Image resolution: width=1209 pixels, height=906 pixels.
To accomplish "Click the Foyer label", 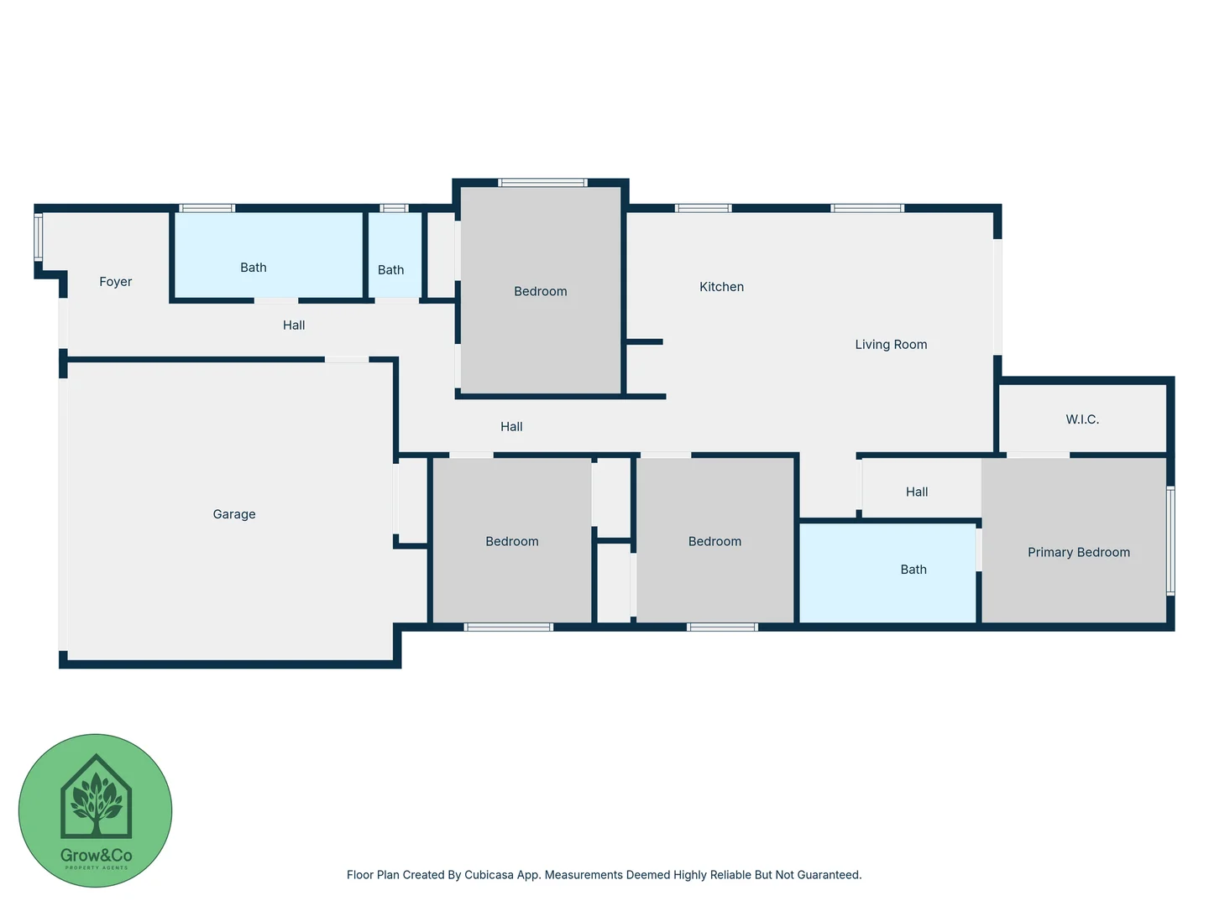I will pyautogui.click(x=116, y=282).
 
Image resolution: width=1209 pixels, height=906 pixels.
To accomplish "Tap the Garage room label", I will pyautogui.click(x=234, y=514).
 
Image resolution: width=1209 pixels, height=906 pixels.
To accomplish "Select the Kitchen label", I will pyautogui.click(x=721, y=287).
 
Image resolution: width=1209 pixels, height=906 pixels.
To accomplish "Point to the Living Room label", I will pyautogui.click(x=891, y=345).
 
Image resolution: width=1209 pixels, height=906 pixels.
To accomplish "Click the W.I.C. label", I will pyautogui.click(x=1082, y=419).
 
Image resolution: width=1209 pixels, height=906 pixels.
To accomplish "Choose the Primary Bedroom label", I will pyautogui.click(x=1078, y=552).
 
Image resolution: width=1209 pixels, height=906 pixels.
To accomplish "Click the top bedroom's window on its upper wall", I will pyautogui.click(x=542, y=182).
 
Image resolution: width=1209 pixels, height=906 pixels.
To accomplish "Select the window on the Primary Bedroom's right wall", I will pyautogui.click(x=1170, y=541).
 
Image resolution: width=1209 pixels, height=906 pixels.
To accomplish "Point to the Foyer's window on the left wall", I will pyautogui.click(x=38, y=237).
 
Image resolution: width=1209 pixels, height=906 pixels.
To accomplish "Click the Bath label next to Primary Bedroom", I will pyautogui.click(x=913, y=570).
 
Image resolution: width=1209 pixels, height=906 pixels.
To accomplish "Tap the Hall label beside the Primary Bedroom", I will pyautogui.click(x=917, y=492).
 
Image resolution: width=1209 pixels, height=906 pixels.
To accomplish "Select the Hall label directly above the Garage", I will pyautogui.click(x=294, y=325).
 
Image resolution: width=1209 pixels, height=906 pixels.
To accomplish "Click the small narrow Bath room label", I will pyautogui.click(x=390, y=270).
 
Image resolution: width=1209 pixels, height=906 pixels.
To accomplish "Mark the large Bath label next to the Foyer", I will pyautogui.click(x=253, y=268).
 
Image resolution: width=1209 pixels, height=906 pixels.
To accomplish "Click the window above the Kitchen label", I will pyautogui.click(x=704, y=208).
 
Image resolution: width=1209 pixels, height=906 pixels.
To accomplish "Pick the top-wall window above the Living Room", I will pyautogui.click(x=867, y=208).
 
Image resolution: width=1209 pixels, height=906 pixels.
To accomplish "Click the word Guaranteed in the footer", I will pyautogui.click(x=828, y=875).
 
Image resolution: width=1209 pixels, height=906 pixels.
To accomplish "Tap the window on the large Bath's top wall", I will pyautogui.click(x=207, y=208).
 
